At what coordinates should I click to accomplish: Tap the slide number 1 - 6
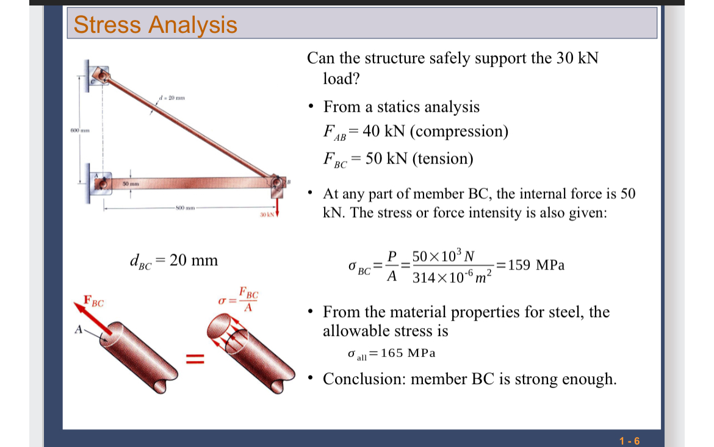tap(629, 441)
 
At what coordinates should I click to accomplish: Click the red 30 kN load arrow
tap(278, 205)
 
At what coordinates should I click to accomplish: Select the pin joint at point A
tap(102, 182)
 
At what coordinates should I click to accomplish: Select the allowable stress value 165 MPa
tap(408, 353)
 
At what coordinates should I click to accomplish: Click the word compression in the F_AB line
tap(461, 131)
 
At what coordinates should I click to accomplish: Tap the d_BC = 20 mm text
tap(174, 260)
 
